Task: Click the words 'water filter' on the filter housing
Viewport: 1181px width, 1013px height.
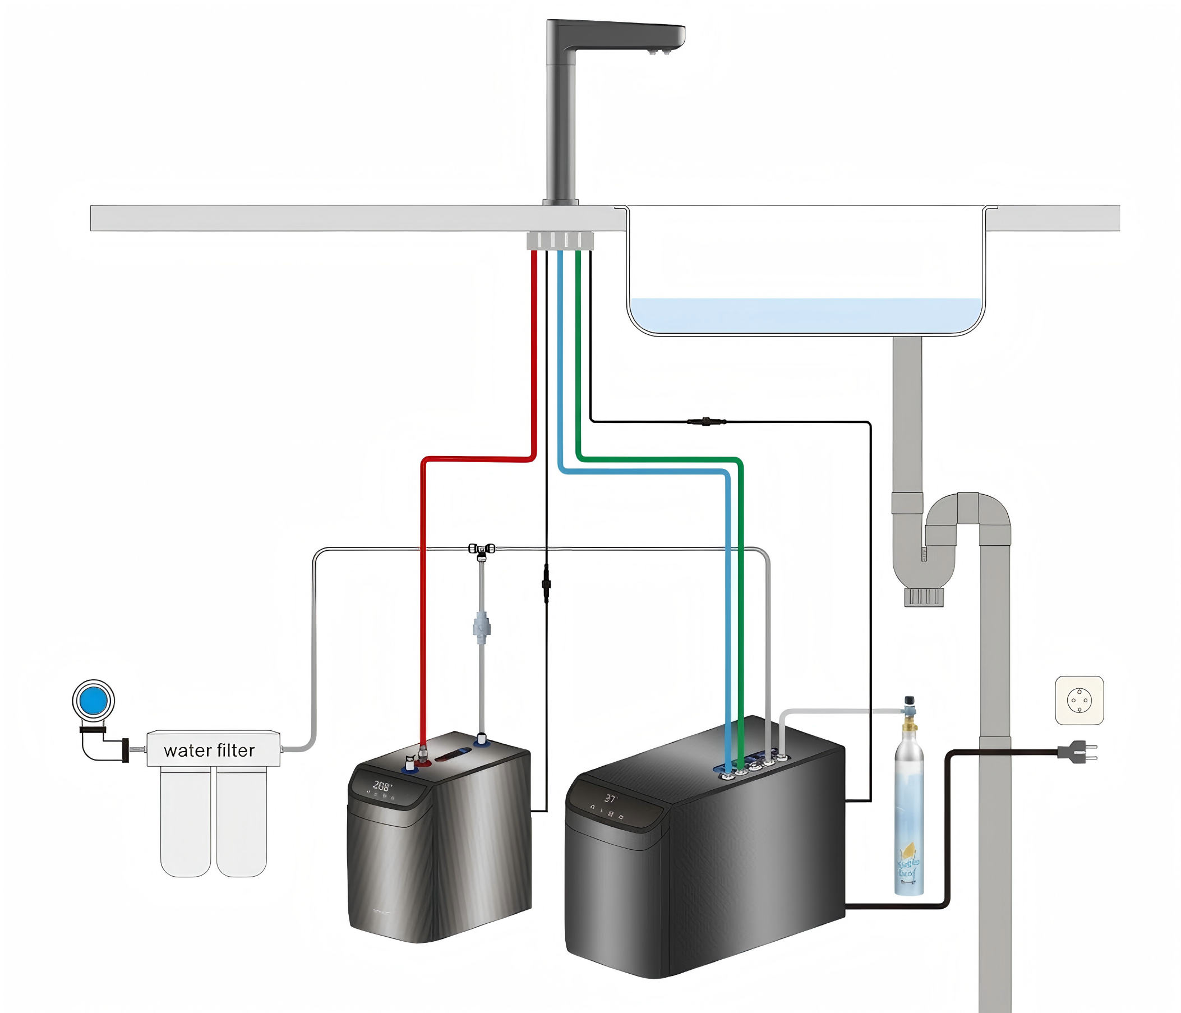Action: [209, 750]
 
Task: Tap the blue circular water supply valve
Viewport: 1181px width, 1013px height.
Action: [94, 701]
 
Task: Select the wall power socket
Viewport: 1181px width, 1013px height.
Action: [1079, 700]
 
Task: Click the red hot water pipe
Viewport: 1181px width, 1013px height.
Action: [534, 353]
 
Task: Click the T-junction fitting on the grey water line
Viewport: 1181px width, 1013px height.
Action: [482, 550]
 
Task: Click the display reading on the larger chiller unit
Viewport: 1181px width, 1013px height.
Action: [611, 799]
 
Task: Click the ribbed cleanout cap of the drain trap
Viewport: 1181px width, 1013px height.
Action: [924, 597]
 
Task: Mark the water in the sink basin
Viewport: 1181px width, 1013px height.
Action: [805, 315]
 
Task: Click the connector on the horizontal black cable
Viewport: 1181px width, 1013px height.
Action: [706, 422]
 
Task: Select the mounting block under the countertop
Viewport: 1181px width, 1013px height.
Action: [560, 241]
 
